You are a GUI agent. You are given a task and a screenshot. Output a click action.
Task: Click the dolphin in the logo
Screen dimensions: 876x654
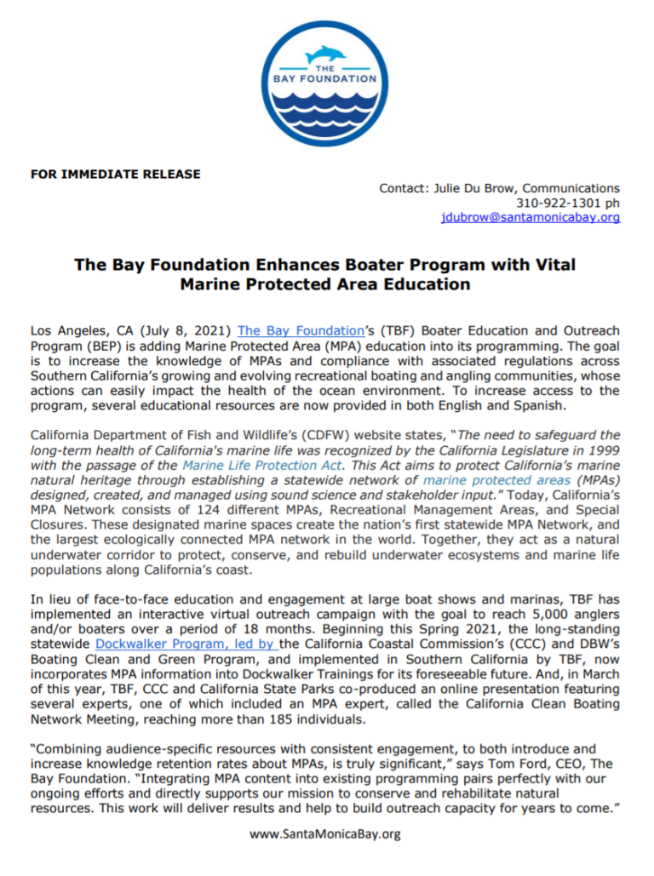(x=327, y=53)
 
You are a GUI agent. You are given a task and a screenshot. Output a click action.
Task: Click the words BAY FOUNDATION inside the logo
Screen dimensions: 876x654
(x=327, y=78)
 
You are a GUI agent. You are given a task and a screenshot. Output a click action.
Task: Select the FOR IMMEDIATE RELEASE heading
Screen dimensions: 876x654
(x=116, y=174)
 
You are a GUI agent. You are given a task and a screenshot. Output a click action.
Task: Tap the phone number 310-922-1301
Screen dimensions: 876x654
(x=553, y=203)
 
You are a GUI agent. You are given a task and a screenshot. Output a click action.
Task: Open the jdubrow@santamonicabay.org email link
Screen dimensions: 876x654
(x=530, y=217)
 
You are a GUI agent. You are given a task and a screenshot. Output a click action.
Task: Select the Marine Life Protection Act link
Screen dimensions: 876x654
(x=262, y=466)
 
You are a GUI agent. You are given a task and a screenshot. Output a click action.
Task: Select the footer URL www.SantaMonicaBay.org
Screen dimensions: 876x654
(x=326, y=834)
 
